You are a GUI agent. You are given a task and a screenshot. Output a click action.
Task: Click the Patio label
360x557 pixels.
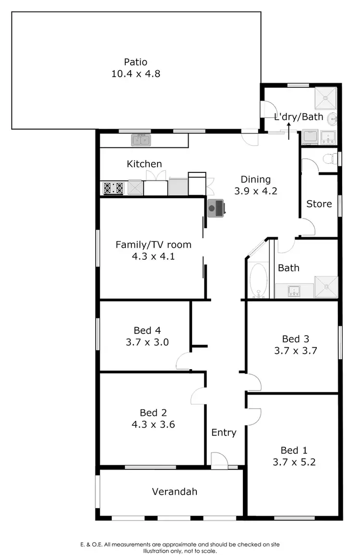point(135,62)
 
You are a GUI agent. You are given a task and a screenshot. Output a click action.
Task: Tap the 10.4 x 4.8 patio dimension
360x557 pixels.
point(135,74)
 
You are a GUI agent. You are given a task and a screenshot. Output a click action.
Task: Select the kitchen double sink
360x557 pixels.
point(142,140)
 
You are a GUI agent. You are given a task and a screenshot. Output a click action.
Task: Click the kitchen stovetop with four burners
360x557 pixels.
point(114,188)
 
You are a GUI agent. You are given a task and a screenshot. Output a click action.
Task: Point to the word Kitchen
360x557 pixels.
point(144,164)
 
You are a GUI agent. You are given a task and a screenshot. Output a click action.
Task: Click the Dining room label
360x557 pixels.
point(255,180)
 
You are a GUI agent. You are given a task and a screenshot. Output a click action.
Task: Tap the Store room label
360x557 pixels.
point(319,204)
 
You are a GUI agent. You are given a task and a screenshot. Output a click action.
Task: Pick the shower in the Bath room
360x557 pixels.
point(326,287)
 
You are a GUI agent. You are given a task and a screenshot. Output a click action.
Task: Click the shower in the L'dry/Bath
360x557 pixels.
point(326,98)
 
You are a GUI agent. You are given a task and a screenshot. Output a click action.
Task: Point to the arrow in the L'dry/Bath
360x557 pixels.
point(288,130)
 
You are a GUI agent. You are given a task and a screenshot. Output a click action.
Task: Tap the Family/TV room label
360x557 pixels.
point(153,245)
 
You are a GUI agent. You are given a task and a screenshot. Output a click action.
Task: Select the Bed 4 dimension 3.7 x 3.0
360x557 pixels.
point(147,342)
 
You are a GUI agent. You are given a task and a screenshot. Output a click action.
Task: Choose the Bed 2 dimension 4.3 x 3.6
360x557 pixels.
point(153,424)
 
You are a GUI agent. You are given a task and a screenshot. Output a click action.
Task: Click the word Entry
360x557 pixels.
point(224,433)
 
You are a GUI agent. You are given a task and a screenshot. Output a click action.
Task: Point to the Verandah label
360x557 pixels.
point(175,492)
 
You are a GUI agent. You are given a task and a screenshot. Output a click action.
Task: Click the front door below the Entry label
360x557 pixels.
point(219,460)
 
